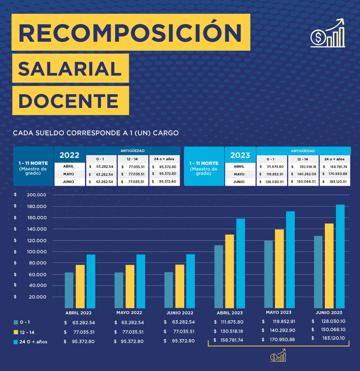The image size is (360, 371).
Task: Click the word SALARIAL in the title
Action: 70,69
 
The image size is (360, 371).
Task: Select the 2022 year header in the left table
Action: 69,155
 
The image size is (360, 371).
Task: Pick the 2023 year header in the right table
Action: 240,155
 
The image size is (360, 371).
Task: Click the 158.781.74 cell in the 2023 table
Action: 336,167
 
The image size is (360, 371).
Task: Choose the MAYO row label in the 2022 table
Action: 69,174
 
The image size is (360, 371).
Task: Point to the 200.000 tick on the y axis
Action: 36,195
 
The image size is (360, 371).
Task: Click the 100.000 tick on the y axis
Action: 36,251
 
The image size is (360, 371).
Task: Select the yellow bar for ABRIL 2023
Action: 229,271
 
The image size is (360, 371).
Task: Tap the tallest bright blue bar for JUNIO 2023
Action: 340,256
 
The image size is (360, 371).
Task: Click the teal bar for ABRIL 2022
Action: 69,290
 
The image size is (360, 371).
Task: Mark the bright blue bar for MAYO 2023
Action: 290,259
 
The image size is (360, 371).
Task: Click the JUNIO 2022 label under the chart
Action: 179,313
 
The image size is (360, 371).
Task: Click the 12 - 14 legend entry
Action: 27,332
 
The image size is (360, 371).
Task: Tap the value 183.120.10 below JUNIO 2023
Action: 330,338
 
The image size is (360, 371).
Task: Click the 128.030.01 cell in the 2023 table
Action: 273,182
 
